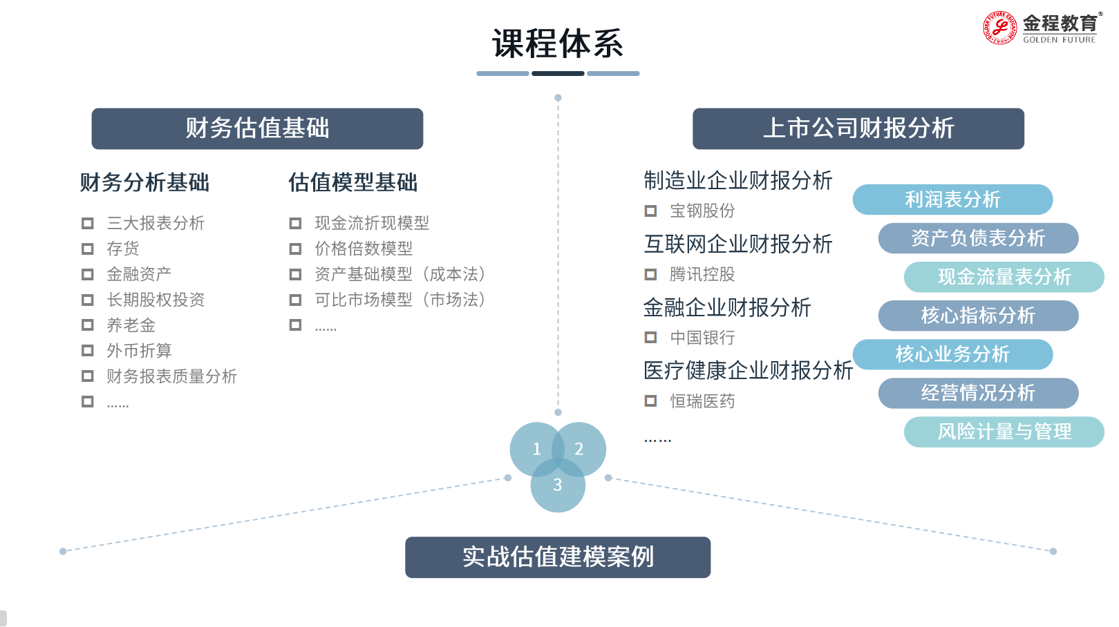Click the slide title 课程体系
(557, 44)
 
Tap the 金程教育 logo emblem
(999, 28)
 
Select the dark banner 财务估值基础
(257, 128)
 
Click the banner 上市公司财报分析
(858, 128)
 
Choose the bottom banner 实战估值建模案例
(558, 557)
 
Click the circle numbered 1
(534, 447)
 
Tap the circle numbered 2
(582, 447)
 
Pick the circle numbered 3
(558, 489)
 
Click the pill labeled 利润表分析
(952, 200)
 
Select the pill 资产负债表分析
(978, 238)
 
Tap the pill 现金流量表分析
(1004, 277)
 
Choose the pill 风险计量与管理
(1004, 432)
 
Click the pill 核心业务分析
(952, 354)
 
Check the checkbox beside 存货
(88, 249)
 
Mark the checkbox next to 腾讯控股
(650, 275)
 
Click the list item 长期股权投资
(156, 300)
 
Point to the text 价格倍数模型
(364, 249)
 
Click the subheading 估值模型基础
(352, 182)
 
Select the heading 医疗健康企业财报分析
(748, 371)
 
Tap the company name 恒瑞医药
(702, 401)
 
